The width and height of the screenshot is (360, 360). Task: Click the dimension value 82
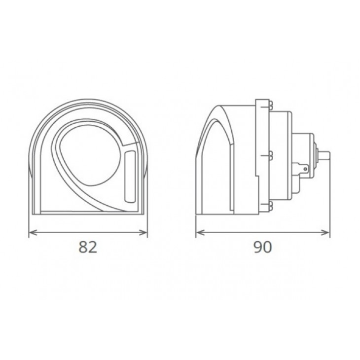88,247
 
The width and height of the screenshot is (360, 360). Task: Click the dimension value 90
263,247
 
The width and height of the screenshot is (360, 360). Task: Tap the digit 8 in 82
83,247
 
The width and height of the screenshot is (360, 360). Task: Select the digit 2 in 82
93,247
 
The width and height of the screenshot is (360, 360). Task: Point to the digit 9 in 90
258,247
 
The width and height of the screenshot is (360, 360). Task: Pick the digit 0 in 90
267,247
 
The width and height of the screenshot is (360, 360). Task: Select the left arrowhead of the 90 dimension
200,233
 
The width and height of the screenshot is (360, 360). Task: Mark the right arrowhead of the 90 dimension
325,233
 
